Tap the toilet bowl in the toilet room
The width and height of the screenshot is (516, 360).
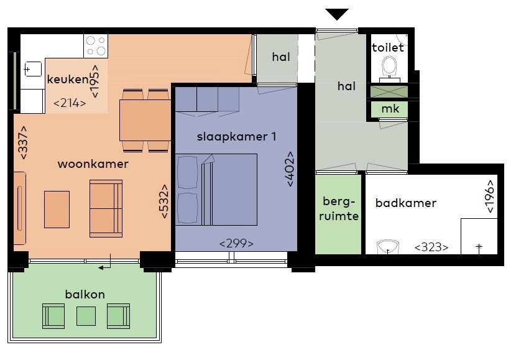point(390,66)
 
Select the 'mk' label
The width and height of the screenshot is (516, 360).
point(390,109)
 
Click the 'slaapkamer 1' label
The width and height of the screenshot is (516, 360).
point(236,137)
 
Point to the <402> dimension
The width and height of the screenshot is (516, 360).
point(290,168)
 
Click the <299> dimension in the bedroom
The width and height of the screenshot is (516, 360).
point(236,243)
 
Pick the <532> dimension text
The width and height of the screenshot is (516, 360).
point(165,200)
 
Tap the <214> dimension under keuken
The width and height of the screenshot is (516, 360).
point(70,103)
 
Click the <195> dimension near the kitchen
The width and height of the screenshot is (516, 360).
point(95,81)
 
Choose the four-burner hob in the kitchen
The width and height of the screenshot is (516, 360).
point(95,46)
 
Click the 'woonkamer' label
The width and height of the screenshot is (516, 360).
point(93,164)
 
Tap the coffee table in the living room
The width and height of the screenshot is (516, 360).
point(57,209)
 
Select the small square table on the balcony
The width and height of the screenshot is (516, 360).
point(86,316)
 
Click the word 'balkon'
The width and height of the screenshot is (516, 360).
point(85,293)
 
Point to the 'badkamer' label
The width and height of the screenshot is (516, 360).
point(405,203)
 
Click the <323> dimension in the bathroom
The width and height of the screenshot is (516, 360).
point(431,247)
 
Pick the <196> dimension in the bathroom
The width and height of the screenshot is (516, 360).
point(491,196)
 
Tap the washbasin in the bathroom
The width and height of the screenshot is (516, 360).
point(388,248)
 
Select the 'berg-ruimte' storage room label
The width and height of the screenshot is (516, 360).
point(340,209)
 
